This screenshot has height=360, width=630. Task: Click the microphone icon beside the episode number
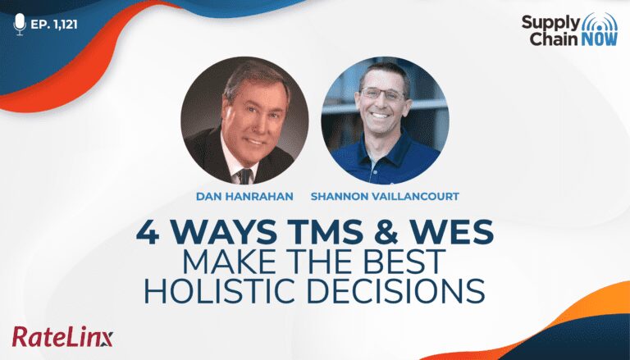[20, 24]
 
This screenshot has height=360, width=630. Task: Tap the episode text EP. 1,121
[54, 25]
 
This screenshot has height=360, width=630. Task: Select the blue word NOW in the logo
[599, 39]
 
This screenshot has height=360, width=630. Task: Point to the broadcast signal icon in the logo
[600, 22]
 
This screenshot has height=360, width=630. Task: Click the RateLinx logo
[62, 337]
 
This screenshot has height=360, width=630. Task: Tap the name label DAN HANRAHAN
[244, 197]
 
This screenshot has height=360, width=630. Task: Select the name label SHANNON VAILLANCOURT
[385, 197]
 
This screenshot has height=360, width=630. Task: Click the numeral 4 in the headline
[148, 232]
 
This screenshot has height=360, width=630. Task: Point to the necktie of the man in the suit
[244, 175]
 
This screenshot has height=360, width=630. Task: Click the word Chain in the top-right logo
[554, 39]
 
